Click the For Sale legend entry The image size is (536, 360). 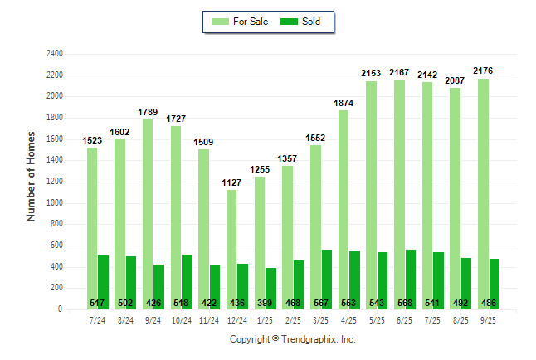click(x=241, y=22)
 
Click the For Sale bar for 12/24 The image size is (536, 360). click(x=231, y=249)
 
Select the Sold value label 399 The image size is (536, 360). click(x=270, y=303)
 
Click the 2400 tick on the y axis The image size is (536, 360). click(x=54, y=54)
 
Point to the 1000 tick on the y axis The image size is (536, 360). click(x=54, y=203)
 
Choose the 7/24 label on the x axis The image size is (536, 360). click(x=97, y=319)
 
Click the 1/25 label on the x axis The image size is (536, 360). click(x=265, y=319)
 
